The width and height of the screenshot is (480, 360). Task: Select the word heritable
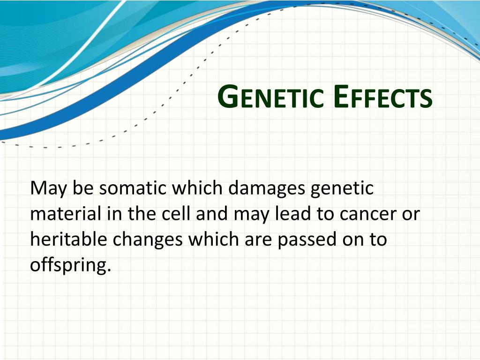tap(68, 239)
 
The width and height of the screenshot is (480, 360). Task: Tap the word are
tap(258, 240)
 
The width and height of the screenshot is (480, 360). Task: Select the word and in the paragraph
tap(212, 213)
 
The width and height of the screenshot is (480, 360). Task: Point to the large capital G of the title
tap(228, 97)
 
